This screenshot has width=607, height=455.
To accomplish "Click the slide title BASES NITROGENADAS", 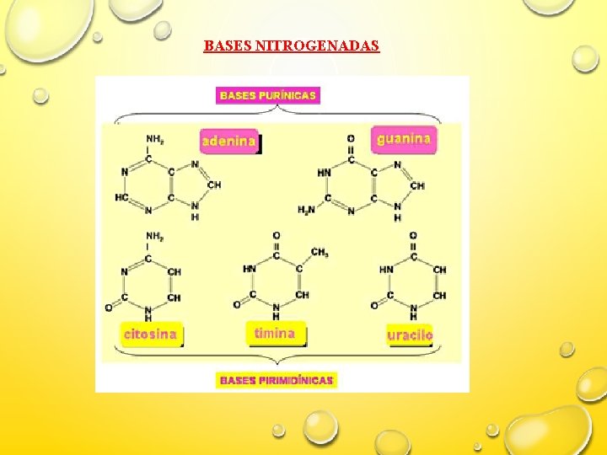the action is click(x=292, y=45).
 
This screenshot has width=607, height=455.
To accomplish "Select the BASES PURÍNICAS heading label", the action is click(x=268, y=96).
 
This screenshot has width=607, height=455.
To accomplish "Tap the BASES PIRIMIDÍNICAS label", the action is click(x=277, y=380).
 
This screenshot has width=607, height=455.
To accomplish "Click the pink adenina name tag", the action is click(x=229, y=142).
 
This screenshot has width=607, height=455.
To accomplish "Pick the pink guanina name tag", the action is click(x=405, y=139).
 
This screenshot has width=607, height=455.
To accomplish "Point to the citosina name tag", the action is click(x=151, y=334).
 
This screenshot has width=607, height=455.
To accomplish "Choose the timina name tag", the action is click(x=275, y=333).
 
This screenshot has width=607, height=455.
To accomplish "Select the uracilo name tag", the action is click(x=410, y=335).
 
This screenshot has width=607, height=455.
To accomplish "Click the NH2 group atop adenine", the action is click(x=155, y=139).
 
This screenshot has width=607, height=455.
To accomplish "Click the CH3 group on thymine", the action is click(x=320, y=252).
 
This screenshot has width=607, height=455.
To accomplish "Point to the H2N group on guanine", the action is click(x=306, y=209).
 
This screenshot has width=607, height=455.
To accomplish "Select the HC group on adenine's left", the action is click(x=122, y=197).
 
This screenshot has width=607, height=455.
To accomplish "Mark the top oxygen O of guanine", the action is click(x=351, y=138).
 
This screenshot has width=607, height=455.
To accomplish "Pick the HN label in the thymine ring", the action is click(x=250, y=269).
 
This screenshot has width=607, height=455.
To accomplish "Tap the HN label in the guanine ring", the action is click(x=325, y=172).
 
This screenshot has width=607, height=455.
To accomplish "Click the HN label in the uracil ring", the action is click(x=386, y=270).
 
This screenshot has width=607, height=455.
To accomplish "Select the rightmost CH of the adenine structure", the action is click(x=214, y=185).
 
